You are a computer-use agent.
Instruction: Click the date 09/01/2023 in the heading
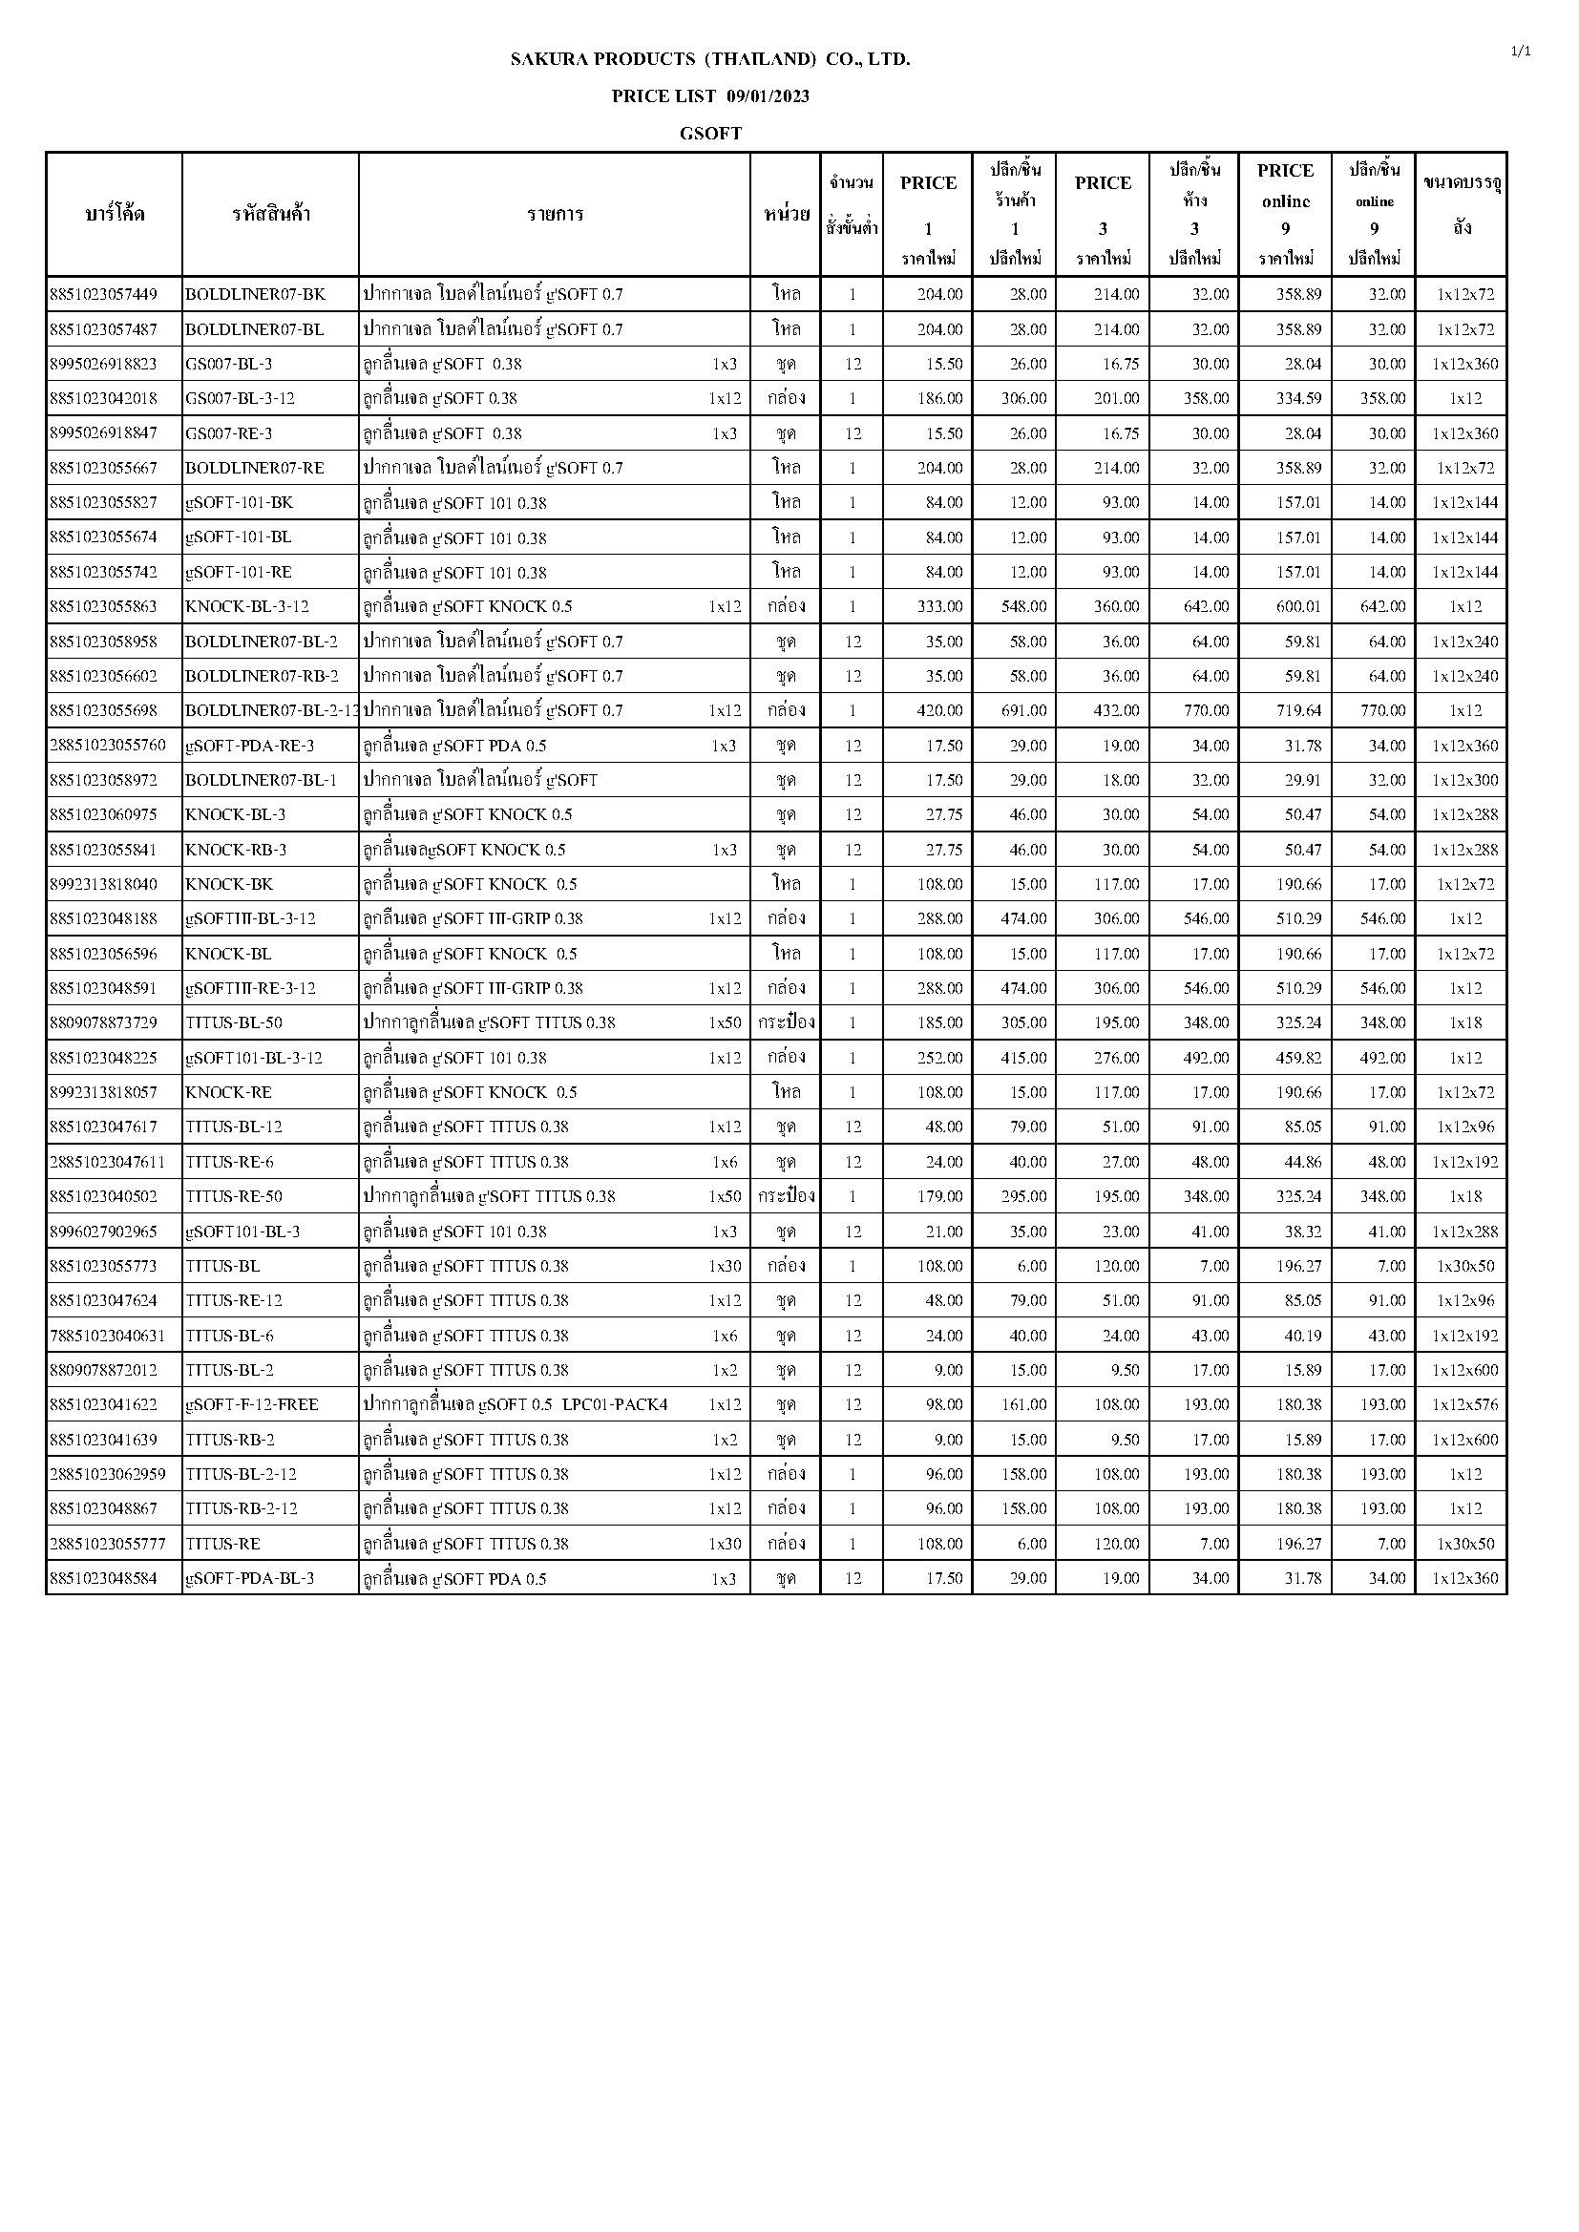point(768,96)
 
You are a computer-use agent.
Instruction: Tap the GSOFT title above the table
point(711,135)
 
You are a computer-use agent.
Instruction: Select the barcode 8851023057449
point(103,295)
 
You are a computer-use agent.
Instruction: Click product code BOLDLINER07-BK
point(256,295)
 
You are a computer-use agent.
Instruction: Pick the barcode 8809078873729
point(103,1022)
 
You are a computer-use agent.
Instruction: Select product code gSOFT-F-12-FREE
point(252,1404)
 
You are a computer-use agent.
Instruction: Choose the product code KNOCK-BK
point(229,885)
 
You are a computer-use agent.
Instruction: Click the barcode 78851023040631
point(107,1336)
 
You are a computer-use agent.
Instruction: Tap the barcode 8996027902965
point(103,1232)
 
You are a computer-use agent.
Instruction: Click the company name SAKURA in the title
point(549,59)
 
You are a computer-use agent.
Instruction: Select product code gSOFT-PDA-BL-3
point(250,1579)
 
